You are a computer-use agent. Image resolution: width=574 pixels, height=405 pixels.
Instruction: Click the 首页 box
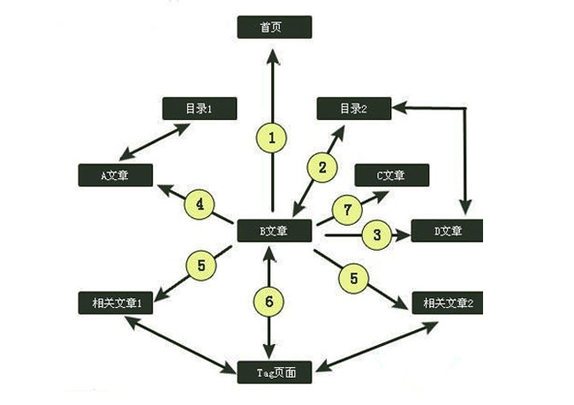(x=275, y=27)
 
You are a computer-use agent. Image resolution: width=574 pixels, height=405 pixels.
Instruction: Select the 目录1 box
(x=200, y=109)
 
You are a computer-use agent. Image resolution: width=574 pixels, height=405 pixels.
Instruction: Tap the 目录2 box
(x=354, y=109)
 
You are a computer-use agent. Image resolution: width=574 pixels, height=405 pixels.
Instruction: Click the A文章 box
(x=115, y=175)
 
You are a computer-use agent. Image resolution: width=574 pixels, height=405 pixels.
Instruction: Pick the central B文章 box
(x=275, y=231)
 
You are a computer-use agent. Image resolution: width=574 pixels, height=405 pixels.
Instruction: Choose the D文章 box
(x=449, y=232)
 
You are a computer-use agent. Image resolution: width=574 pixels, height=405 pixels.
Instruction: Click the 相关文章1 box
(x=116, y=303)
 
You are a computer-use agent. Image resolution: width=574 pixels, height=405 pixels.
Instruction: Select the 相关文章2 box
(x=448, y=303)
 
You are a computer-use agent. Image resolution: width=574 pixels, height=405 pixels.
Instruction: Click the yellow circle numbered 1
(x=272, y=137)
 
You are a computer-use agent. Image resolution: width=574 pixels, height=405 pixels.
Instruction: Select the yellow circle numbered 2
(x=322, y=166)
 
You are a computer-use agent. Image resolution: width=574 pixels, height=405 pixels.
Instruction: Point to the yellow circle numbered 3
(x=377, y=235)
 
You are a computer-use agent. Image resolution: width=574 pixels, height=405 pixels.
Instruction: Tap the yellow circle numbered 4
(x=200, y=205)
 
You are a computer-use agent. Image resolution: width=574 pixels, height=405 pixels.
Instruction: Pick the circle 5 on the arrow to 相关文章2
(x=353, y=277)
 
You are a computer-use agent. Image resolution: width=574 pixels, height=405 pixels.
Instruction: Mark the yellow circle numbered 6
(x=269, y=301)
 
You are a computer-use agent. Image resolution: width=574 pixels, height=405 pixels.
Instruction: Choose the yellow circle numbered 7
(x=347, y=210)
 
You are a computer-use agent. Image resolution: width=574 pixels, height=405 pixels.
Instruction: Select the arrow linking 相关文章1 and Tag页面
(x=182, y=343)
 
